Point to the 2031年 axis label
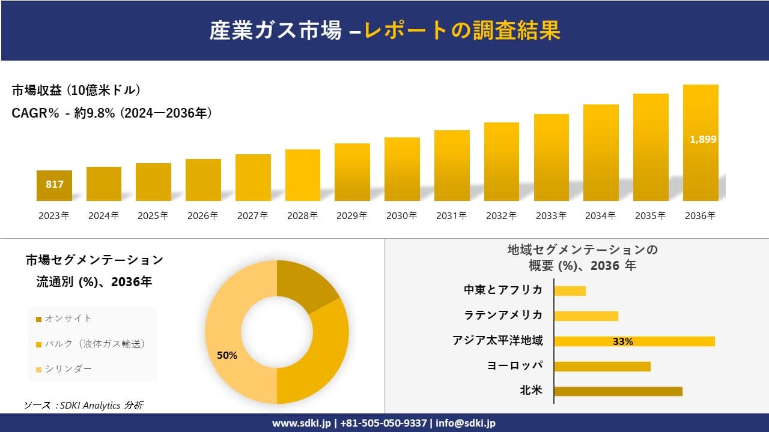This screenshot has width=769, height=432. coord(451,216)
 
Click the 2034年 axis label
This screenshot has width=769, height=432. coord(600,216)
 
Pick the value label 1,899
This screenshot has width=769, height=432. coord(703,139)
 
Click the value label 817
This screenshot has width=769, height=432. coord(54,184)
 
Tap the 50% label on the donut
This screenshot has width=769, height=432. coord(227,355)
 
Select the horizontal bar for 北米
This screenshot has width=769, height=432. coord(618,391)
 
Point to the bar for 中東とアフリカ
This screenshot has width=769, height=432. coord(570,290)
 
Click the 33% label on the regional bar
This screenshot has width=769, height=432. coord(622,341)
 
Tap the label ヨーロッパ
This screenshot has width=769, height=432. coord(515,365)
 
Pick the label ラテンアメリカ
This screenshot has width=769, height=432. coord(503,315)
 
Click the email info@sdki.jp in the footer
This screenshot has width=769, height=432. coord(466,423)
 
